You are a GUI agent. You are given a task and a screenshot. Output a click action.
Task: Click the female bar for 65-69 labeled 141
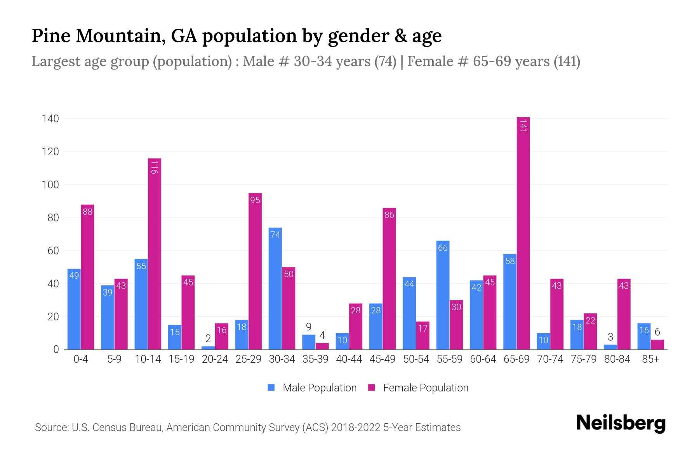(523, 233)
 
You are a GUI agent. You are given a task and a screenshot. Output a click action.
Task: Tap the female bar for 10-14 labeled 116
(155, 254)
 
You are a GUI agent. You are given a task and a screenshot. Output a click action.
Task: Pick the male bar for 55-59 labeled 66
(443, 295)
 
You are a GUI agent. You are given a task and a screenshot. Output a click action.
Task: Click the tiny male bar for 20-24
(208, 348)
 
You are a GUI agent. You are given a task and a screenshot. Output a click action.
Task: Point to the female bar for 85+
(657, 344)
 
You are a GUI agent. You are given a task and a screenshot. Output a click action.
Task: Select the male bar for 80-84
(610, 347)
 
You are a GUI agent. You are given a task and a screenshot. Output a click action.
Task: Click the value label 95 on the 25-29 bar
(255, 200)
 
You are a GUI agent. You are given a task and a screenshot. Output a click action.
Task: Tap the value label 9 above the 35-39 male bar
(309, 327)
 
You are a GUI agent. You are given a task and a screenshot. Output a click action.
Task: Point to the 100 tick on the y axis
(50, 185)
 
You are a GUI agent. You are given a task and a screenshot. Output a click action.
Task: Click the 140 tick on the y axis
(50, 119)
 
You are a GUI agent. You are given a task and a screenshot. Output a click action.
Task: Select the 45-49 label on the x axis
(382, 359)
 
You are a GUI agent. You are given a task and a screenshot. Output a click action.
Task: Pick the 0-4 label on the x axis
(81, 359)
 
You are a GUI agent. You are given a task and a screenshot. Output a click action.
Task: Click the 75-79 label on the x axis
(583, 359)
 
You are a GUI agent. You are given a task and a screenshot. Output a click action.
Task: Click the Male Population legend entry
(312, 388)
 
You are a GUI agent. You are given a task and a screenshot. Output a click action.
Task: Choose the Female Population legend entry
(418, 388)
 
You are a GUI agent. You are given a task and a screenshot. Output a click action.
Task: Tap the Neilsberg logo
(621, 423)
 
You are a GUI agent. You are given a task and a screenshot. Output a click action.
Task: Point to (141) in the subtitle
(567, 61)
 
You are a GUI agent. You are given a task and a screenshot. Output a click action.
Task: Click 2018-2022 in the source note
(356, 428)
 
